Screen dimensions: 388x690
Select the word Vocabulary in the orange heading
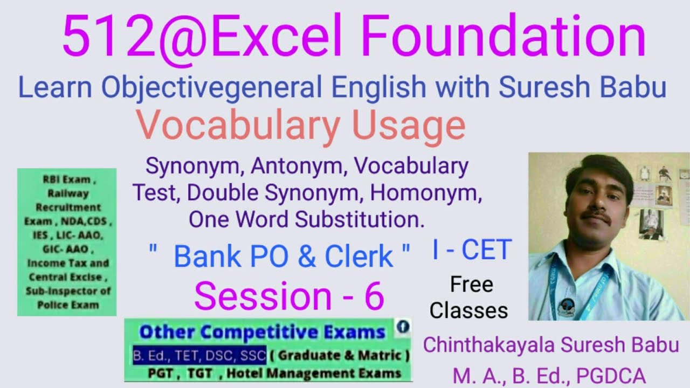point(237,125)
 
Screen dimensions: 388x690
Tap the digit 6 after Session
point(374,296)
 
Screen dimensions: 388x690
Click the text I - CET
point(471,251)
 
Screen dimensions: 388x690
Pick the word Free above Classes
point(471,285)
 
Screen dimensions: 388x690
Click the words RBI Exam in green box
point(67,180)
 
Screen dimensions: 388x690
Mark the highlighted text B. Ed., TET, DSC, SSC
point(200,355)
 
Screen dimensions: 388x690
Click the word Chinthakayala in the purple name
point(486,345)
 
